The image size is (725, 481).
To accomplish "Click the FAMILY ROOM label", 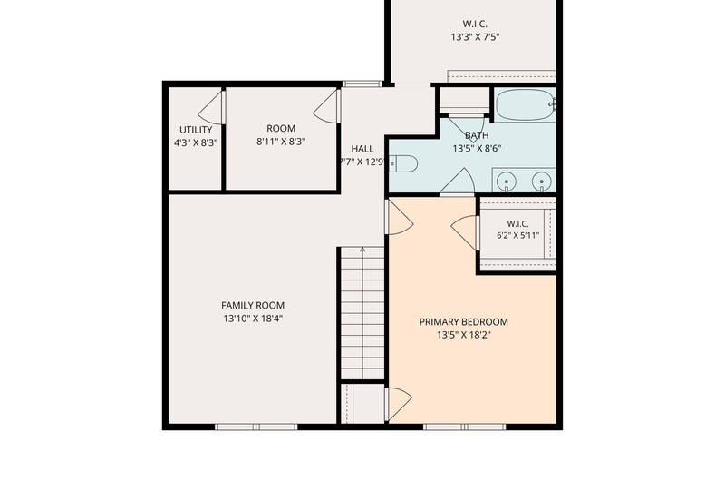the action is pos(253,306).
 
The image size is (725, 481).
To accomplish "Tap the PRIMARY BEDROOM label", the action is pos(463,322).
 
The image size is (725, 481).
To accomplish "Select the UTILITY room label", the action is pos(196,130).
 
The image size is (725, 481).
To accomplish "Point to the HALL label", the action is pos(362,149).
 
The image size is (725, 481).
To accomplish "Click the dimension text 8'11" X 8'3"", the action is pos(281,142).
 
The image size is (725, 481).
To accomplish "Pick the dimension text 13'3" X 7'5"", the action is pos(475,37).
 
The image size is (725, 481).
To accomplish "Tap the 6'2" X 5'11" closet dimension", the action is pos(517,235).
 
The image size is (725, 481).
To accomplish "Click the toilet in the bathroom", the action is pos(403,164).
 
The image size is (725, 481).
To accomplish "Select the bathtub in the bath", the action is pos(525,104).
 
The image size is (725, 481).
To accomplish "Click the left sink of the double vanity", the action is pos(507,181).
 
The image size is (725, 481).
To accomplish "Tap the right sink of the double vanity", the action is pos(541,181).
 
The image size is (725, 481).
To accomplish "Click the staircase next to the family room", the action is pos(362,313).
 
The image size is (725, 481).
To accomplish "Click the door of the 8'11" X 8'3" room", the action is pos(327,106).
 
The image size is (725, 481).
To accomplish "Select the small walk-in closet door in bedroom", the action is pos(464,232).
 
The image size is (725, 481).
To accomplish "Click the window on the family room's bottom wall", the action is pos(256,427).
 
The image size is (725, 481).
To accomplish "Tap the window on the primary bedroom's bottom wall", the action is pos(465,427).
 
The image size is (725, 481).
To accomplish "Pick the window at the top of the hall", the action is pos(362,83).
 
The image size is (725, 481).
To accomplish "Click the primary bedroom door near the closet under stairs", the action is pos(399,404).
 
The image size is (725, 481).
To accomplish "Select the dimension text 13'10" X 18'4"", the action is pos(253,319).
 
